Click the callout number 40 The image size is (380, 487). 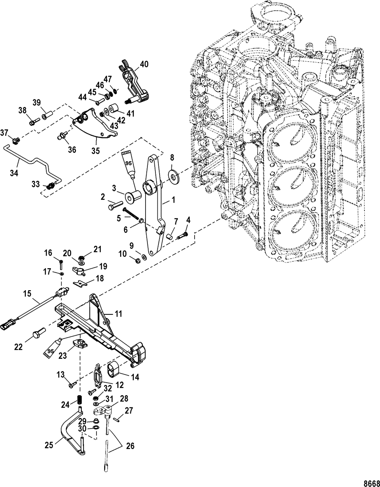pyautogui.click(x=144, y=64)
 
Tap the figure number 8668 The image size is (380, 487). pyautogui.click(x=369, y=481)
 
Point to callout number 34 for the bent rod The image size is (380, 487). pyautogui.click(x=14, y=173)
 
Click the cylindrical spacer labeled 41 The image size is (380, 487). pyautogui.click(x=114, y=108)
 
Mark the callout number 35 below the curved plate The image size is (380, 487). pyautogui.click(x=96, y=151)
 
